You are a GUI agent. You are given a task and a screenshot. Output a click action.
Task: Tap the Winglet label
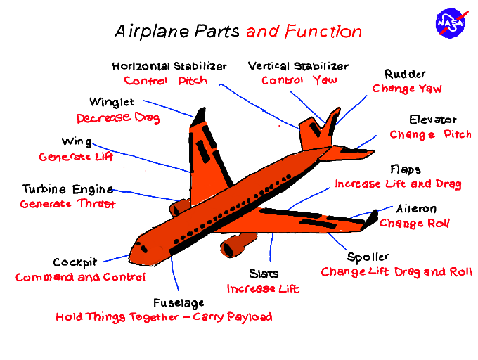pos(112,103)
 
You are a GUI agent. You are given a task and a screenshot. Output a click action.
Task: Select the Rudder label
pos(405,75)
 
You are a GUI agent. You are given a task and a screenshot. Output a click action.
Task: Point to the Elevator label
pos(433,120)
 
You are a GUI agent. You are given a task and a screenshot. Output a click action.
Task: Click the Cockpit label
pos(75,262)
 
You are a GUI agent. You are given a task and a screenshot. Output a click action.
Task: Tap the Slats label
pos(264,274)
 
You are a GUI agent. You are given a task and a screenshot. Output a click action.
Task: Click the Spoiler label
pos(368,257)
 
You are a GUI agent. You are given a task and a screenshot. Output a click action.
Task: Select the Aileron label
pos(416,209)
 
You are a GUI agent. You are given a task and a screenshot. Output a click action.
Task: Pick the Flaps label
pos(406,169)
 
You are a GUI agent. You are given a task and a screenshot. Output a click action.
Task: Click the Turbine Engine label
pos(67,189)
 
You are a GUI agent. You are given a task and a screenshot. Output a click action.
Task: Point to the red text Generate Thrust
pos(67,204)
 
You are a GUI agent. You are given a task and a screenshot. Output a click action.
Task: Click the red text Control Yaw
pos(299,80)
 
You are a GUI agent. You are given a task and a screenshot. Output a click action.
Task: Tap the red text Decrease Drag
pos(118,117)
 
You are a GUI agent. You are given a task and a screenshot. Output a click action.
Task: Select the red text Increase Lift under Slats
pos(263,288)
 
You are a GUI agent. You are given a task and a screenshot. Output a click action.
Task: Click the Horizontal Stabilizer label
pos(169,66)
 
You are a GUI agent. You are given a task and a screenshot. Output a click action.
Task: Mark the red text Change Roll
pos(415,224)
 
